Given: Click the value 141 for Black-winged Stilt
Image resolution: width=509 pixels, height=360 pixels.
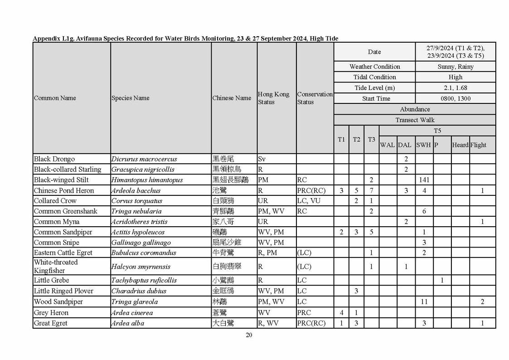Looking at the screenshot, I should click(424, 180).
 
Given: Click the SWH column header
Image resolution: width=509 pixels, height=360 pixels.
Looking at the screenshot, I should click(424, 145).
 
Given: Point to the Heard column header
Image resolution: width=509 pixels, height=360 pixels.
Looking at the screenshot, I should click(460, 145).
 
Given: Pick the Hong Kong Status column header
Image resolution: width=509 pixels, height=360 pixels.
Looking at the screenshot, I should click(273, 98).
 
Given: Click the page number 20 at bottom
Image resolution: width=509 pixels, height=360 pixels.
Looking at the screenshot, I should click(249, 335).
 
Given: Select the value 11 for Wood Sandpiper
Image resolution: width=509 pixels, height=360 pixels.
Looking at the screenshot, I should click(424, 302).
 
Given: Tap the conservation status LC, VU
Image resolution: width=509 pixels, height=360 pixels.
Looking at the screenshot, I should click(308, 201).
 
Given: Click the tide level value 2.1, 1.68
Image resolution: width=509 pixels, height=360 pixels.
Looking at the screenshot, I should click(455, 88).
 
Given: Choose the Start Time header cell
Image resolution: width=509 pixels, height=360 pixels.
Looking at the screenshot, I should click(376, 98).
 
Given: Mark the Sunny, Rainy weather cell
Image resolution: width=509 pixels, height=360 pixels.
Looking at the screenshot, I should click(455, 67).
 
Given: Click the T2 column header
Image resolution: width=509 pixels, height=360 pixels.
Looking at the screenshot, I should click(356, 140).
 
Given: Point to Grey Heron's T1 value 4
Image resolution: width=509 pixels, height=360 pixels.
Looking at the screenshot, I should click(341, 312).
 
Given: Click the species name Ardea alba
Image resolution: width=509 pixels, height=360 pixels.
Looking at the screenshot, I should click(128, 323).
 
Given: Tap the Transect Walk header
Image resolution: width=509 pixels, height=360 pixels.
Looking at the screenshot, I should click(414, 120).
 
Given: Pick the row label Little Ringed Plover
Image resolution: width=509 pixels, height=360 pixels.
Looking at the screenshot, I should click(63, 291).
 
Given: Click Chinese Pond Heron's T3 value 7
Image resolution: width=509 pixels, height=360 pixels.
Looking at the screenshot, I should click(371, 190).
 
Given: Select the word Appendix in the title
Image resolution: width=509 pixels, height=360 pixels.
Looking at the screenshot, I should click(46, 39).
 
